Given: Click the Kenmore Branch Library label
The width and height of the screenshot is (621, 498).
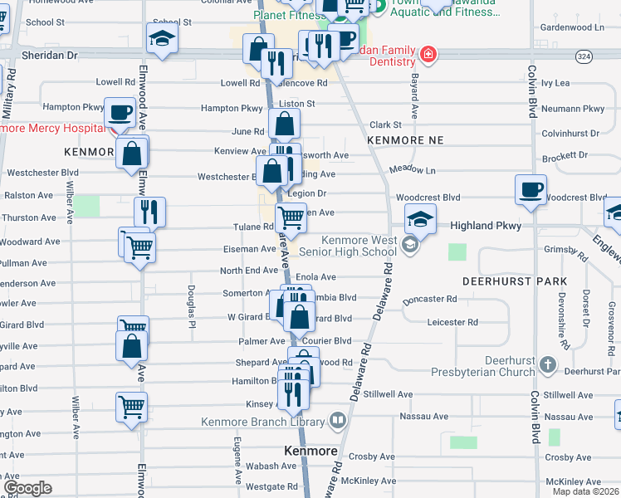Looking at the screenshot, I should (264, 422).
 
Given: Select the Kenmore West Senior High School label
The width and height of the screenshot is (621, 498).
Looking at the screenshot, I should (359, 246).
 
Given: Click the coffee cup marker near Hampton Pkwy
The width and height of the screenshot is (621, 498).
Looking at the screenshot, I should (120, 111).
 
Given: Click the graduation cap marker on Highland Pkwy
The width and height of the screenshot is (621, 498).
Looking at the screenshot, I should (420, 219).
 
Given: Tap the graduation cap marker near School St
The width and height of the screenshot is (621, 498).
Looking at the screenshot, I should (162, 37).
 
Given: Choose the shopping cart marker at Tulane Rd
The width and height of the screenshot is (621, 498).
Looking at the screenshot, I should (291, 217).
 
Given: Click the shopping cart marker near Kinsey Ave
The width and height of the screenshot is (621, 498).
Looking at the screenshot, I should (132, 407).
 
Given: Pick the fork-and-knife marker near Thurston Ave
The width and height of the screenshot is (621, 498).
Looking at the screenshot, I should (149, 212).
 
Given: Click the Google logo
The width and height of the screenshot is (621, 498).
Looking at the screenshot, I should (27, 488).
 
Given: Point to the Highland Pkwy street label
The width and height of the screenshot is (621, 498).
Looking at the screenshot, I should (483, 226).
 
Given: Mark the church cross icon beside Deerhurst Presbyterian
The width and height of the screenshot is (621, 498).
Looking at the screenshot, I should (547, 364).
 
